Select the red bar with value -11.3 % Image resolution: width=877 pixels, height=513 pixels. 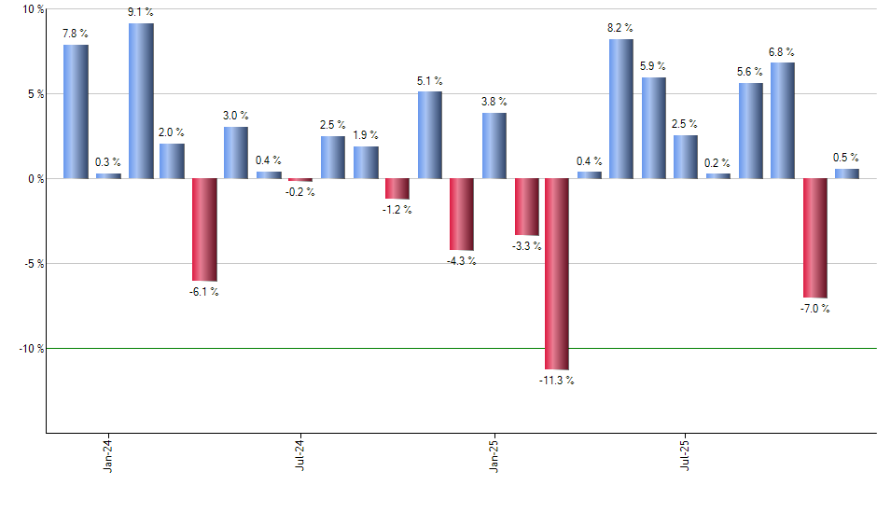tap(557, 274)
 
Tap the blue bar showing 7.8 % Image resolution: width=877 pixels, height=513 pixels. tap(76, 111)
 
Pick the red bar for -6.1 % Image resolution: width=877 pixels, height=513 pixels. tap(204, 229)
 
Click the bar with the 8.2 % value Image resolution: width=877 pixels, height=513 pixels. tap(621, 108)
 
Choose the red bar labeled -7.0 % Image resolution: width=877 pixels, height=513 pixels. tap(814, 238)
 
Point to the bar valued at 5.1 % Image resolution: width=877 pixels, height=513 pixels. tap(429, 134)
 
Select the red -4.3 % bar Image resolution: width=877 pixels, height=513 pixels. tap(461, 215)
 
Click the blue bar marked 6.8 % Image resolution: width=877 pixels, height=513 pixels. tap(783, 120)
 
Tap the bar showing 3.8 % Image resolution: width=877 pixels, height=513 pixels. tap(494, 146)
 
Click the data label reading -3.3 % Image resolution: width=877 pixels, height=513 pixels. tap(526, 246)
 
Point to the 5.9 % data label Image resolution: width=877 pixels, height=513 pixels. tap(653, 66)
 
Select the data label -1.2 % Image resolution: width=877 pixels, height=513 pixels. tap(397, 210)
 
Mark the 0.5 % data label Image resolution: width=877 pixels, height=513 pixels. tap(846, 158)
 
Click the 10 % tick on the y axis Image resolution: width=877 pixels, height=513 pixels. tap(32, 9)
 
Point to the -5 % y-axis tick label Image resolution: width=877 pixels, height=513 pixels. tap(32, 264)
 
